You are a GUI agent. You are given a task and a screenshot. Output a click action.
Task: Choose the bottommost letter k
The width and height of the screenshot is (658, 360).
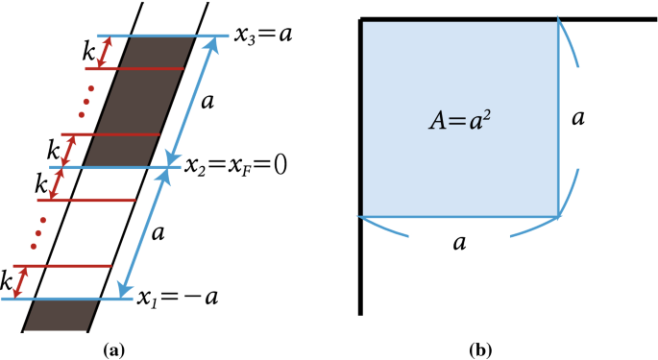coord(8,283)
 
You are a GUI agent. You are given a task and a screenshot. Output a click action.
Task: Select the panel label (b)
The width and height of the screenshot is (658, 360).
coord(481,350)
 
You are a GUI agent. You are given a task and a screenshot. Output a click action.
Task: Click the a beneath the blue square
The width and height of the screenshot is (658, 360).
coord(460,242)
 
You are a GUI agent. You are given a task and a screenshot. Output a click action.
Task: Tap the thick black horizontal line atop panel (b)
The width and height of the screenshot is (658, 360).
coord(605,18)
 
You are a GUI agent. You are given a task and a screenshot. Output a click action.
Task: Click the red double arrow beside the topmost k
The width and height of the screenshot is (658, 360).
coord(106,53)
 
